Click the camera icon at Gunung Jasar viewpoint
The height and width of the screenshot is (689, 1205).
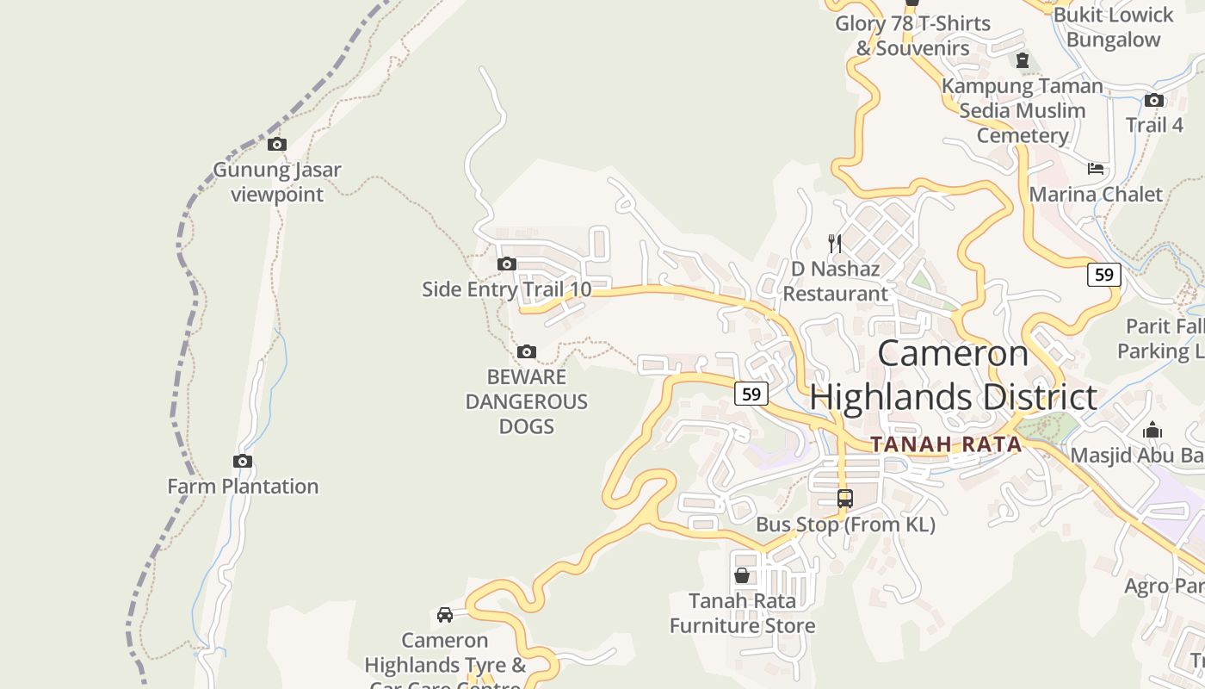(276, 144)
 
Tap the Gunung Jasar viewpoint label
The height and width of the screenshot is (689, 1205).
(276, 182)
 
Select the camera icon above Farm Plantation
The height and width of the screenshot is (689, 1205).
(243, 462)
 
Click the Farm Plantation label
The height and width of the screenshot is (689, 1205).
(243, 486)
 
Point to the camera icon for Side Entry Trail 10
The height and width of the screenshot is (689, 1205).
(507, 264)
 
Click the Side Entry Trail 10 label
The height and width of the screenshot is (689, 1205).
(506, 289)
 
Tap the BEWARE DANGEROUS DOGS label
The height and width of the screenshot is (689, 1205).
(526, 401)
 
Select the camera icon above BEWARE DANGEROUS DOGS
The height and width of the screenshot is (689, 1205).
(526, 351)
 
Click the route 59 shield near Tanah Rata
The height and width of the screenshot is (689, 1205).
(751, 394)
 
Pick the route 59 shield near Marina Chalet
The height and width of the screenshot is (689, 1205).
(1104, 275)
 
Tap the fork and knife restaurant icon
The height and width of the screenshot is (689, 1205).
(834, 244)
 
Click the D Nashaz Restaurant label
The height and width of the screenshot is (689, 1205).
(835, 281)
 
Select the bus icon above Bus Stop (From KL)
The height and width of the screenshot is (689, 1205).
(845, 498)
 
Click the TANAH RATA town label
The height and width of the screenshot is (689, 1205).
(945, 444)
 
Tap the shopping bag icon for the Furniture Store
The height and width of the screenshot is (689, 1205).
(742, 575)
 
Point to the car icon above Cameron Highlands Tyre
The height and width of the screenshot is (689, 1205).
(445, 615)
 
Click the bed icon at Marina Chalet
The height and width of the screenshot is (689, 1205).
(1096, 169)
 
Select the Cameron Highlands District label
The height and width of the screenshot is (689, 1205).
(953, 376)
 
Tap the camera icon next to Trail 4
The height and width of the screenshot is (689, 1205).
(1154, 100)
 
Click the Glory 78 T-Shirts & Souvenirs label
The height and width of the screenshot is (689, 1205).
(912, 35)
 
